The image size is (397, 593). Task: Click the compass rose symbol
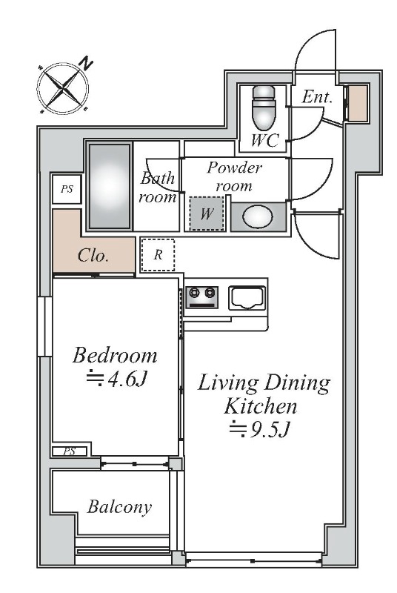point(63,89)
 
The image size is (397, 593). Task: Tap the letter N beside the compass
point(87,64)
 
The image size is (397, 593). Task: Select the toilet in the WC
point(264,107)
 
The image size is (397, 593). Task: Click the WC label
point(265,141)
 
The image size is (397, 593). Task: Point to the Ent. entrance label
point(317,97)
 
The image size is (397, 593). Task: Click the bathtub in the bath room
point(110,186)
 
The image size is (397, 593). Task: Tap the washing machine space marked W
point(207,213)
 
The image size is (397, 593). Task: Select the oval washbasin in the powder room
point(258,216)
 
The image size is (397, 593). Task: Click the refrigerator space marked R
point(158,254)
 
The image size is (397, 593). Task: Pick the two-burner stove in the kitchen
point(201,297)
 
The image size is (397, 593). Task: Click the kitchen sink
point(247,298)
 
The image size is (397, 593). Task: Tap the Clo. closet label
point(93,256)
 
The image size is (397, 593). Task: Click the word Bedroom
point(115,355)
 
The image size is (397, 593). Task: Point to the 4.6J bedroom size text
point(116,379)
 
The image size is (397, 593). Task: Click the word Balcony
point(119,507)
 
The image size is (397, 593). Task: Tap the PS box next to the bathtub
point(67,189)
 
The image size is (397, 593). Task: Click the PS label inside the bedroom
point(69,451)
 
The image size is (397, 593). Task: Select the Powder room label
point(234,176)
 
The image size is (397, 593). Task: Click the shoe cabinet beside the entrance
point(357,103)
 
